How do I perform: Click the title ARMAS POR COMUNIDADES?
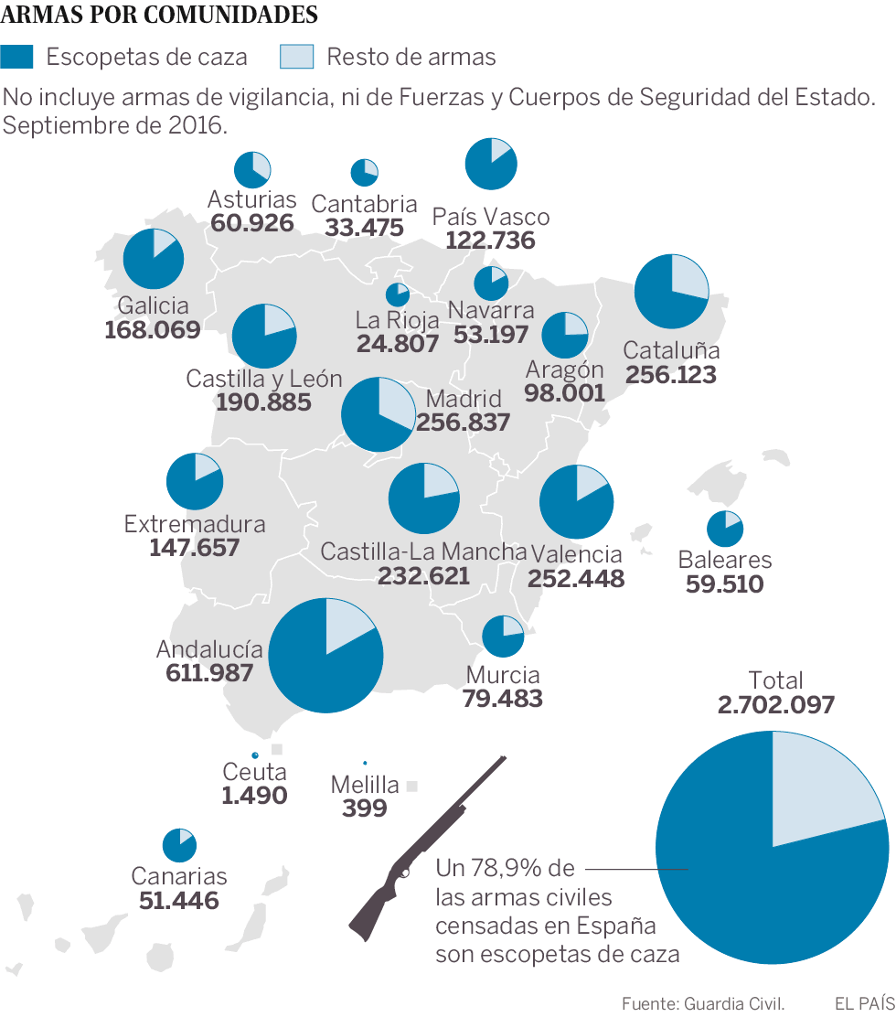[x=161, y=16]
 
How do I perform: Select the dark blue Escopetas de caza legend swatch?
[x=17, y=57]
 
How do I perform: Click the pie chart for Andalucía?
[x=326, y=655]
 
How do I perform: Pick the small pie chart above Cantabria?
[x=364, y=172]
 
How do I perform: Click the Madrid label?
[x=464, y=399]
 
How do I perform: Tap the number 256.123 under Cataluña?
[x=670, y=375]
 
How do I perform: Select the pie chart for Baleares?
[x=725, y=529]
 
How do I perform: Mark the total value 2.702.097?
[x=776, y=705]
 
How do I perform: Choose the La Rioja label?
[x=397, y=320]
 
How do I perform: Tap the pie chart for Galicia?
[x=153, y=259]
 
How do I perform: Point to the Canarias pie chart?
[x=179, y=846]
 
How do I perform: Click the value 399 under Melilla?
[x=364, y=808]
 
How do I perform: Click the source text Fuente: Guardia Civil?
[x=703, y=1003]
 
